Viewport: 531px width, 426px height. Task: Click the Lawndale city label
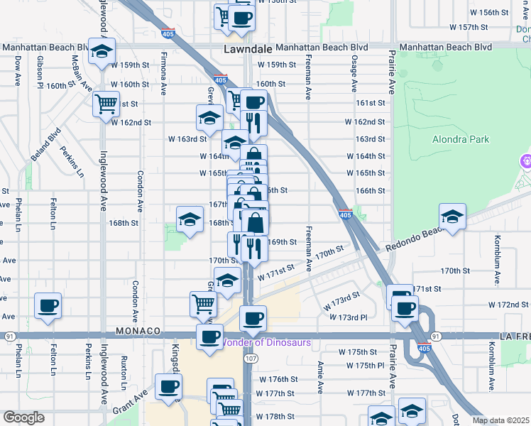[x=248, y=50]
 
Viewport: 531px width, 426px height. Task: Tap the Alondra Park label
[x=460, y=139]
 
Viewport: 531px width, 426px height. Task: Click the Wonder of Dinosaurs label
[x=267, y=342]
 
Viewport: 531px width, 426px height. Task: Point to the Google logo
[x=23, y=417]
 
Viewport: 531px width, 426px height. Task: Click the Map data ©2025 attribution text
[x=500, y=420]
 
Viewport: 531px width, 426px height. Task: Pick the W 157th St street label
[x=469, y=27]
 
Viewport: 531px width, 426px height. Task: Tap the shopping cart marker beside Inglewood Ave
[x=106, y=104]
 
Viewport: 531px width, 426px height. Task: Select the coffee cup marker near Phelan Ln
[x=48, y=306]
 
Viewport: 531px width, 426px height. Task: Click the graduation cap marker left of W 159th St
[x=102, y=51]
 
